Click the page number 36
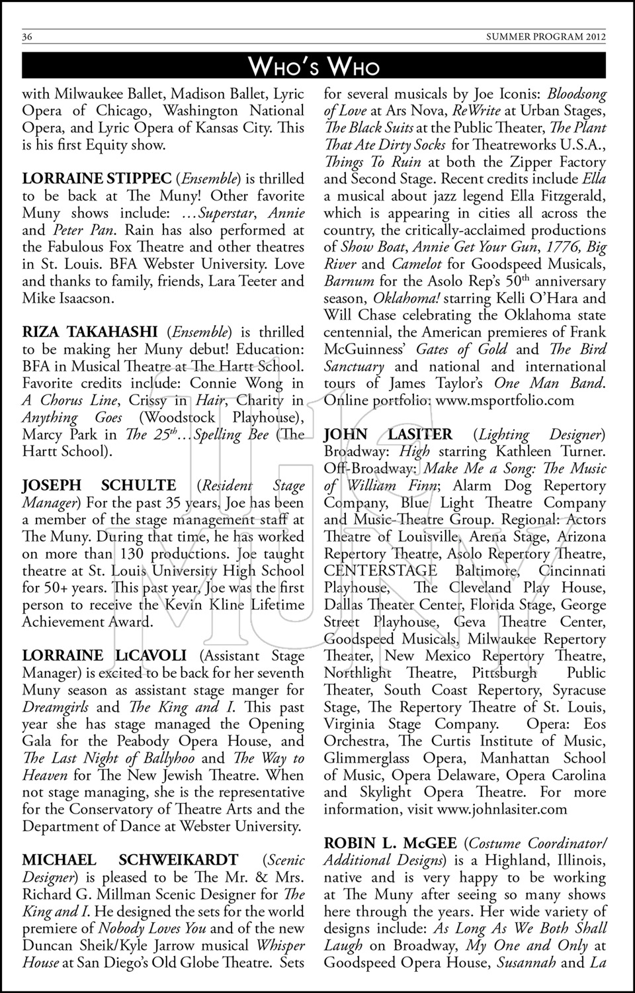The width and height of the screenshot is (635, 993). (x=28, y=36)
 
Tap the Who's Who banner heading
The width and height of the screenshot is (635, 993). (x=314, y=66)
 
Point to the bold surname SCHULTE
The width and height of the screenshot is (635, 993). (x=139, y=486)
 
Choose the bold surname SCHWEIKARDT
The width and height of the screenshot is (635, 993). (x=178, y=861)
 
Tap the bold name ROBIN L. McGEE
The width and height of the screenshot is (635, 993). (x=390, y=843)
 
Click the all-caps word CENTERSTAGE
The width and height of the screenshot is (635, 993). (x=380, y=571)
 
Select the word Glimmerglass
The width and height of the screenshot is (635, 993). (x=365, y=758)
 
